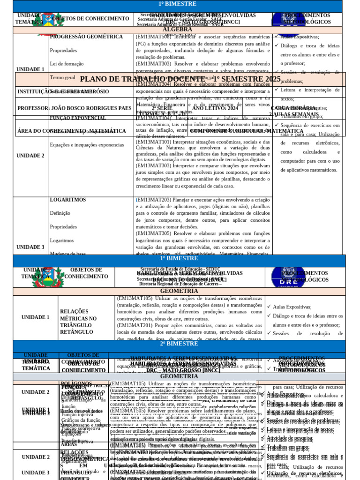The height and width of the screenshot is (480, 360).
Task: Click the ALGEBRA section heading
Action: click(171, 30)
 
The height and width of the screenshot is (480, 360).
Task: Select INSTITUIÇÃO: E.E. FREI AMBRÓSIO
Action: click(63, 91)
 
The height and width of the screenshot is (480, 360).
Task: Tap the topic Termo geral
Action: click(62, 77)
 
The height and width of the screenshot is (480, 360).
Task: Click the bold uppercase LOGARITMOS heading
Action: click(67, 200)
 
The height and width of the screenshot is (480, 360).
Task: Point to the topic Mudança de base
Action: click(67, 254)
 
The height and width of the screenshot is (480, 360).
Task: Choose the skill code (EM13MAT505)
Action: click(127, 411)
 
